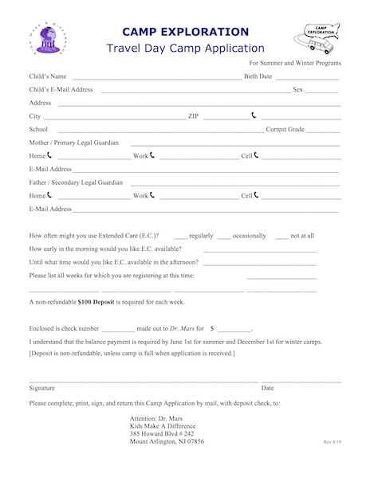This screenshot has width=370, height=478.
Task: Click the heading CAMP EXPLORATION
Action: (185, 32)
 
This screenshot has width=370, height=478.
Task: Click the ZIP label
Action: (193, 116)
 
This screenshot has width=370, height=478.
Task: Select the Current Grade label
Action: (285, 129)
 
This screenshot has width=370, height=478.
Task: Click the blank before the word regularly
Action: (180, 237)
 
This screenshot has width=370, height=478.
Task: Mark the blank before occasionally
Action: (223, 237)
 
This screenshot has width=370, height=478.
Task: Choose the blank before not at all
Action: (281, 237)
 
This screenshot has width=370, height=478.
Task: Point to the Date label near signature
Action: (268, 388)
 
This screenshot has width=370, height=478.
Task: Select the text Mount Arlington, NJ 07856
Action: (167, 441)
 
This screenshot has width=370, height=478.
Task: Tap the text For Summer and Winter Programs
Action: (295, 62)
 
